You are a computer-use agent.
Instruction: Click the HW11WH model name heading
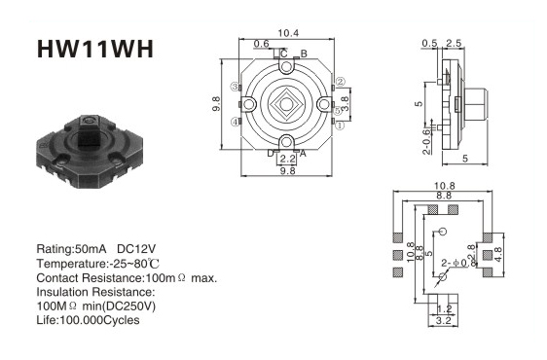tap(94, 49)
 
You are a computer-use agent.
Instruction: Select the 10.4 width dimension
tap(288, 33)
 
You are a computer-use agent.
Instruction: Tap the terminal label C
tap(284, 54)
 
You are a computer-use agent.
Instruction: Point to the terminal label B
tap(304, 54)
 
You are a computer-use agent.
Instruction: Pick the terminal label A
tap(303, 153)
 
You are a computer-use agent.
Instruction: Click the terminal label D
tap(271, 153)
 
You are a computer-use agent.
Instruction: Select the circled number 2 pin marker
tap(340, 82)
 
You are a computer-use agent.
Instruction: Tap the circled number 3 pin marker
tap(236, 87)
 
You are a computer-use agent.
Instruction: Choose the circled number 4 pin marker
tap(236, 122)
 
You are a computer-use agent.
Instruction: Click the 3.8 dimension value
tap(345, 103)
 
